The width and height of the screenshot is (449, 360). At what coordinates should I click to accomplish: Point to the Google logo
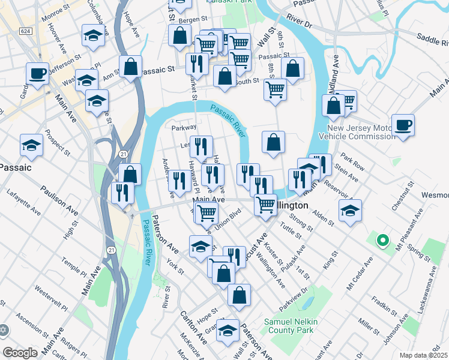click(20, 353)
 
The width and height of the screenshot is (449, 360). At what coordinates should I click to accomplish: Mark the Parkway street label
click(184, 127)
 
